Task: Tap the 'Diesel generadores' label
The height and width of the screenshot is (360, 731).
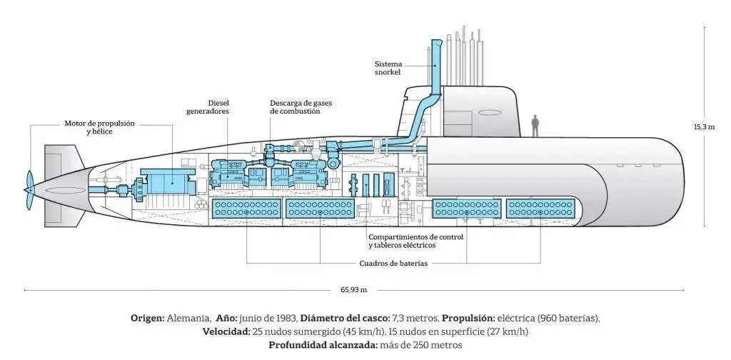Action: pyautogui.click(x=208, y=107)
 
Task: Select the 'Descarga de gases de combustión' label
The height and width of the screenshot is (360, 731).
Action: pyautogui.click(x=301, y=107)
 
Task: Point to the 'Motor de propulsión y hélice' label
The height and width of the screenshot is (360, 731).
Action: pyautogui.click(x=99, y=127)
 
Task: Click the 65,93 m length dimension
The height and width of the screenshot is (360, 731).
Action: pyautogui.click(x=353, y=290)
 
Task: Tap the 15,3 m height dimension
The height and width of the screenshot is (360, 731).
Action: pyautogui.click(x=704, y=127)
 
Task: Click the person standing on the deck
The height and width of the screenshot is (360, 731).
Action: pyautogui.click(x=535, y=126)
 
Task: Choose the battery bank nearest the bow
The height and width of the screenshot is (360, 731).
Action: pyautogui.click(x=543, y=209)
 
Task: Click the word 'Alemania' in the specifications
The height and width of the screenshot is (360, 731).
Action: pyautogui.click(x=189, y=318)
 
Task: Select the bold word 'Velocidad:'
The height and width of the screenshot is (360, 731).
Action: pyautogui.click(x=225, y=331)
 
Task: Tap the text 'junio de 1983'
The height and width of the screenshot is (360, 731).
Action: pyautogui.click(x=268, y=318)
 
